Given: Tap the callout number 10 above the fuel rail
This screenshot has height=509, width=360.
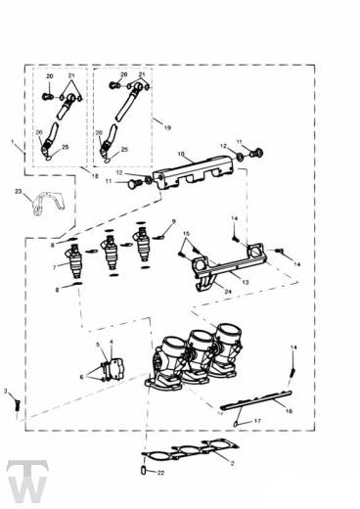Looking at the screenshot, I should pos(180,154).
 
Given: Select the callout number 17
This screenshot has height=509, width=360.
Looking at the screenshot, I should pos(258,423).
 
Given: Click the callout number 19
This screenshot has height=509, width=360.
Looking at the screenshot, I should pos(167,128).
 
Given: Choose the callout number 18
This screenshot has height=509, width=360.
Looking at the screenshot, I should pos(95,175).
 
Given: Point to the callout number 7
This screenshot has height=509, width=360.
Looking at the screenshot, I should pos(55,266).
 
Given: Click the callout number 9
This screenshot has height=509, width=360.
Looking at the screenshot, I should pos(174,222).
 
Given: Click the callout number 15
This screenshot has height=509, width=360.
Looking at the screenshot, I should pos(187,234).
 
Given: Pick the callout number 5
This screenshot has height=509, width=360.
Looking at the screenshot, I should pos(99,346).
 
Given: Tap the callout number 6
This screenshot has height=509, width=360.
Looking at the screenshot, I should pos(82,377).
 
